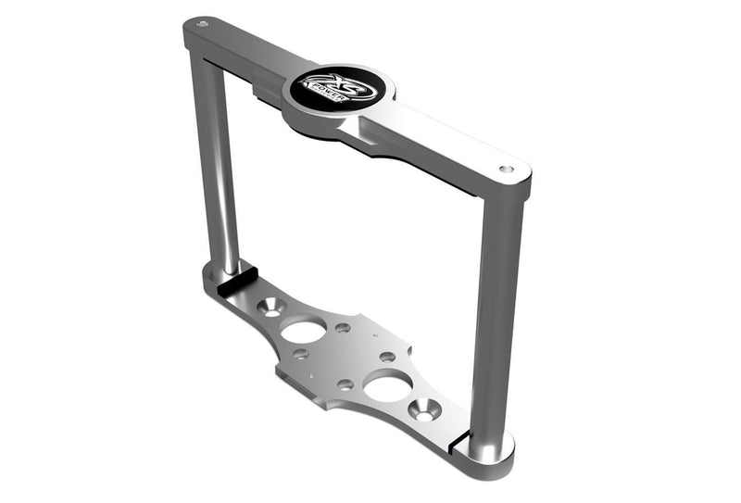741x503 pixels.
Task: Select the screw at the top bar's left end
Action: click(203, 21)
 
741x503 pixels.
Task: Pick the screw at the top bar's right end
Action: click(506, 170)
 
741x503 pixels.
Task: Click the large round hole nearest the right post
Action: click(388, 385)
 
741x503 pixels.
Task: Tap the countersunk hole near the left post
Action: click(270, 305)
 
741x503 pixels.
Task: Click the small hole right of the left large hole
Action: click(343, 328)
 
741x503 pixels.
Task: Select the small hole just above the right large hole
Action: click(387, 357)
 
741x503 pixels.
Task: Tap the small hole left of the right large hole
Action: click(345, 383)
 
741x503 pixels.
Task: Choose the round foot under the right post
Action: click(490, 448)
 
